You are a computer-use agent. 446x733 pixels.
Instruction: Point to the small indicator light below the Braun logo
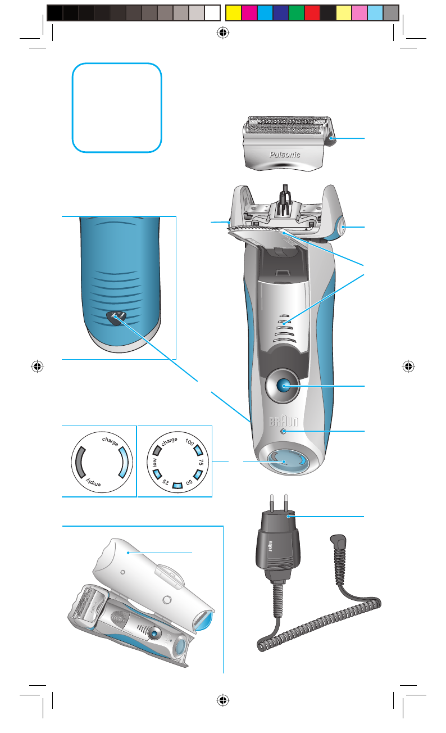coord(283,431)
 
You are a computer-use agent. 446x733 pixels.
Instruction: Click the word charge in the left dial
coord(110,440)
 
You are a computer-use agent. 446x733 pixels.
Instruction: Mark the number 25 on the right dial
coord(164,482)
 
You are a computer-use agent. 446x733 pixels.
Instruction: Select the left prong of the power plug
coord(272,501)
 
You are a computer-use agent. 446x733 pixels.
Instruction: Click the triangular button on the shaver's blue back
coord(116,317)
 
